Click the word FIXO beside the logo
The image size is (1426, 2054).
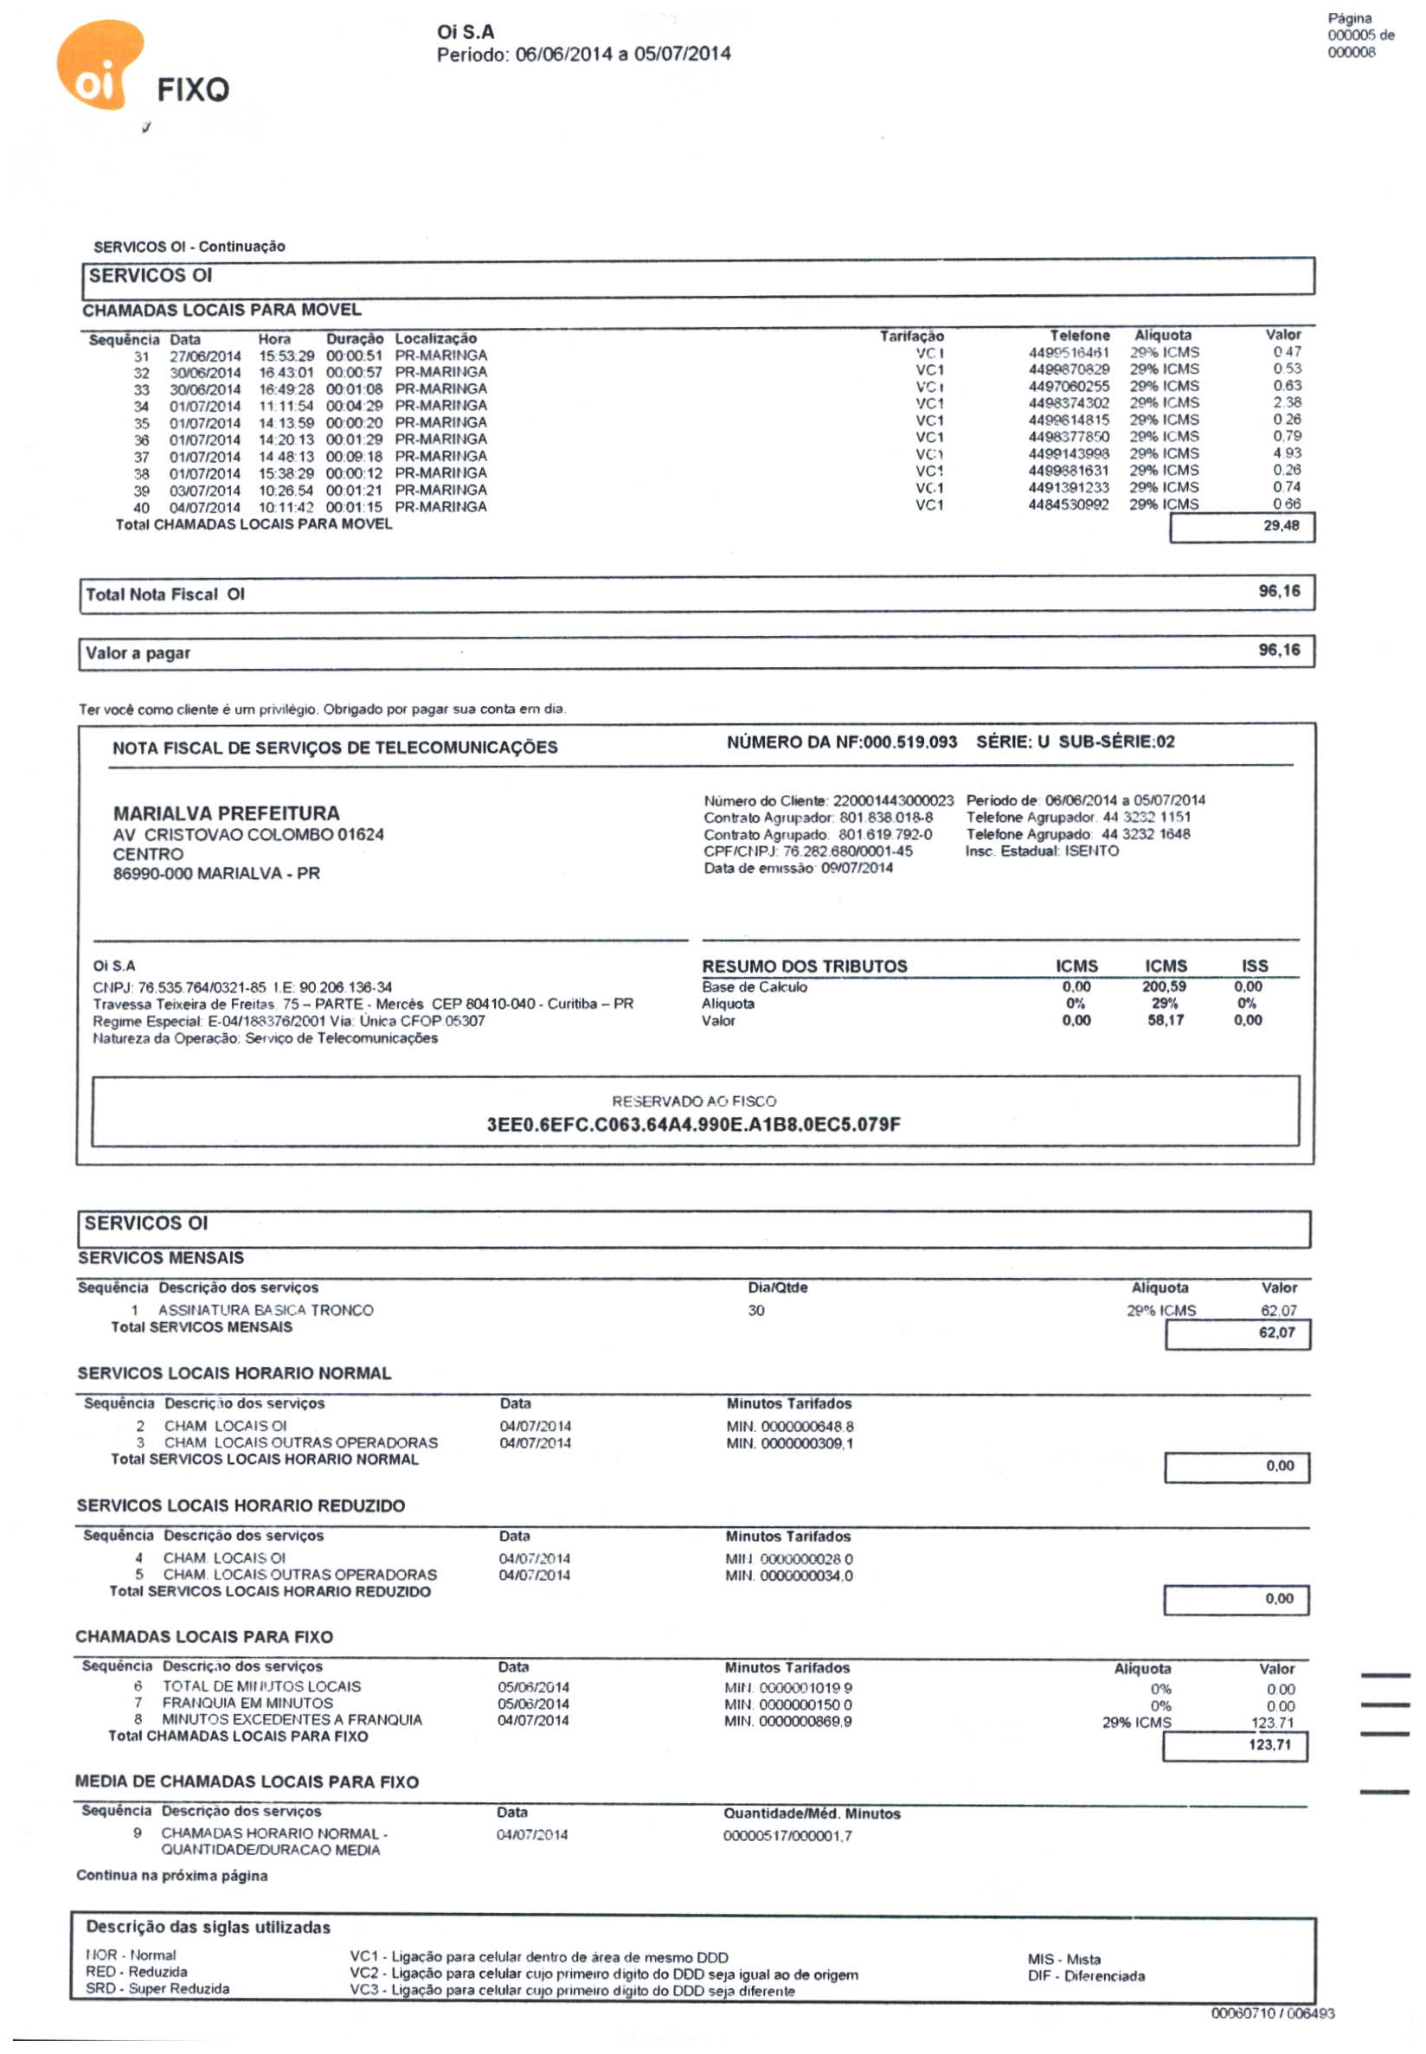click(x=193, y=89)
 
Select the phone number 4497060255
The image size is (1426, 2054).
click(x=1069, y=386)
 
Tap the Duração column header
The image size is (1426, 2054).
click(x=354, y=338)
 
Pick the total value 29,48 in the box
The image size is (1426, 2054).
click(x=1281, y=525)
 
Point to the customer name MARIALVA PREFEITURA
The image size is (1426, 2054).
click(x=226, y=813)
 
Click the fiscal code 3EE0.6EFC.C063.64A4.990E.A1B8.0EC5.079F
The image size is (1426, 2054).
click(x=693, y=1124)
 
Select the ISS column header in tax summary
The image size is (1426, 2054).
click(x=1254, y=966)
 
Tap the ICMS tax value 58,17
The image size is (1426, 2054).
click(x=1165, y=1020)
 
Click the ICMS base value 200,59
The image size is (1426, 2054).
click(x=1164, y=986)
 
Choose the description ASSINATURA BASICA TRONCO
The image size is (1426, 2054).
click(x=266, y=1310)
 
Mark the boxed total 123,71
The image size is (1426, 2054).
click(x=1269, y=1745)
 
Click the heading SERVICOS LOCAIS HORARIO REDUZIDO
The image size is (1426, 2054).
click(x=241, y=1505)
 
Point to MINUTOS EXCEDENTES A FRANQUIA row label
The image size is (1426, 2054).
click(x=292, y=1719)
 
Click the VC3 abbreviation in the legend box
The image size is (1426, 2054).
click(x=363, y=1991)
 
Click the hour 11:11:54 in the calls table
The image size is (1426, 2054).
click(x=286, y=406)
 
